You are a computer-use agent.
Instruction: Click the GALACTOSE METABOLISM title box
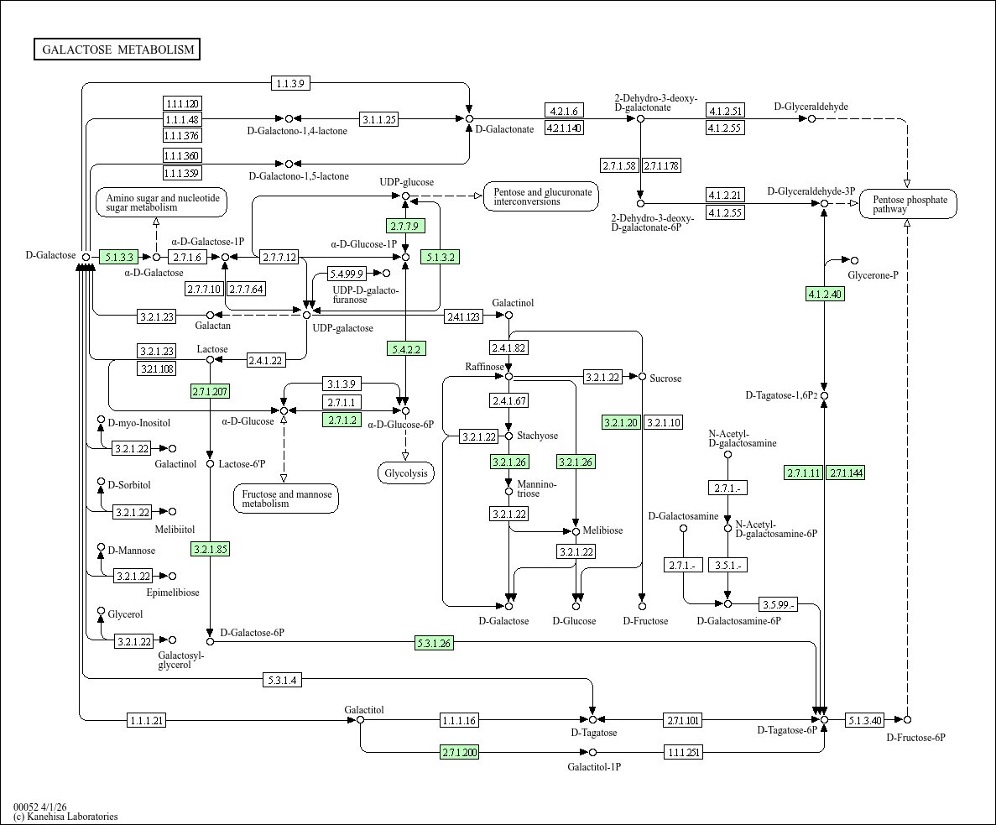coord(117,50)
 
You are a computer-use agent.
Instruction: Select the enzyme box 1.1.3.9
coord(290,83)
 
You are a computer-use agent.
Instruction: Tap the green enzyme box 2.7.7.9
coord(405,226)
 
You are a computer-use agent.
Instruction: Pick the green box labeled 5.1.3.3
coord(119,257)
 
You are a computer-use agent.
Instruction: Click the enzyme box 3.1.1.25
coord(379,119)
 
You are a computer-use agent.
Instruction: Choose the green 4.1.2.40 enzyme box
coord(825,294)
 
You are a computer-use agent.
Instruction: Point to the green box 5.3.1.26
coord(434,643)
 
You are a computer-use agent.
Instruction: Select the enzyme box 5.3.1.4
coord(282,680)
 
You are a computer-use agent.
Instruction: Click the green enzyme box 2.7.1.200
coord(459,753)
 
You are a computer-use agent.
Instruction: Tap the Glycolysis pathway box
coord(406,473)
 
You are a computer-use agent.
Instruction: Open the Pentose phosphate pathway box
coord(909,204)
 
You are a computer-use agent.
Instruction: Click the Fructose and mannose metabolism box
coord(286,499)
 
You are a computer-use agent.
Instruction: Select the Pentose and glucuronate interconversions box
coord(541,196)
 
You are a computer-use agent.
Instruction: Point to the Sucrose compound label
coord(665,379)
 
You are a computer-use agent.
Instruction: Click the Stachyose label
coord(537,436)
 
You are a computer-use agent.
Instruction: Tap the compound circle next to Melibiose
coord(576,531)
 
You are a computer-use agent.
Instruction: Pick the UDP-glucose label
coord(406,182)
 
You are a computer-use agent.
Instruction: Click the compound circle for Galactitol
coord(360,719)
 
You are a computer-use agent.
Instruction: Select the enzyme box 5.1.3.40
coord(864,720)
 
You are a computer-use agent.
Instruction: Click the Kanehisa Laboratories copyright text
coord(65,817)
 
